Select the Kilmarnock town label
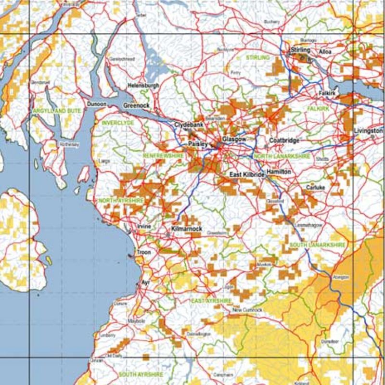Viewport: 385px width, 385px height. [x=187, y=229]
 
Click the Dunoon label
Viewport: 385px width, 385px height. [x=96, y=103]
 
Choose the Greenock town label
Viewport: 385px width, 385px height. [x=136, y=105]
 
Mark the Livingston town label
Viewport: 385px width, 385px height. [x=368, y=130]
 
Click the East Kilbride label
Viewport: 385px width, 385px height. [x=247, y=175]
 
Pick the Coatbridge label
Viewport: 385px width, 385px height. [x=284, y=140]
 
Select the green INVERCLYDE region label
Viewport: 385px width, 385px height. [x=118, y=123]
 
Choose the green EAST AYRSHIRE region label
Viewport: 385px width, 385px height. [x=211, y=301]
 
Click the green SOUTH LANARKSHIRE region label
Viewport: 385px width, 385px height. [x=317, y=245]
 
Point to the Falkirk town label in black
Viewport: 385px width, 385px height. [x=326, y=92]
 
